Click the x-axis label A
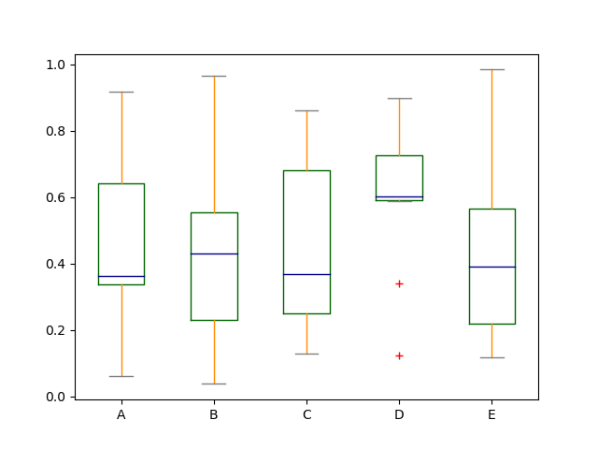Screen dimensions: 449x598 tap(121, 414)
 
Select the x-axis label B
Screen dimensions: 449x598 tap(214, 414)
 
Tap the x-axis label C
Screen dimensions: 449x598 tap(306, 414)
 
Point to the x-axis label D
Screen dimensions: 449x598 tap(399, 414)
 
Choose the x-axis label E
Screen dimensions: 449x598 tap(491, 414)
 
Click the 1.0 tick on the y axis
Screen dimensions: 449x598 tap(56, 65)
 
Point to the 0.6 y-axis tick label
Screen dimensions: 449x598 tap(56, 197)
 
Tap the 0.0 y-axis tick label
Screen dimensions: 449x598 tap(56, 397)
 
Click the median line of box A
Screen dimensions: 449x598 tap(121, 276)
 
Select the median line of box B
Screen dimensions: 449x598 tap(214, 253)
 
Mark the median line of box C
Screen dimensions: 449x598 tap(306, 274)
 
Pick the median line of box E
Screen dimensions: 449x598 tap(491, 267)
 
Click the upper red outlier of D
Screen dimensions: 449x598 tap(399, 283)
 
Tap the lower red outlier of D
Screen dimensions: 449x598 tap(399, 355)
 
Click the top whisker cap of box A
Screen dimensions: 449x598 tap(121, 92)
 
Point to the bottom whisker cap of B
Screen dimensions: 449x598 tap(214, 384)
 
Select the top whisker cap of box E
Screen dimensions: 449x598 tap(491, 69)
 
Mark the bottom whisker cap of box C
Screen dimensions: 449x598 tap(306, 354)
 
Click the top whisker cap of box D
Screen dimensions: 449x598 tap(399, 98)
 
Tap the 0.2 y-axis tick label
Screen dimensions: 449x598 tap(56, 330)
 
